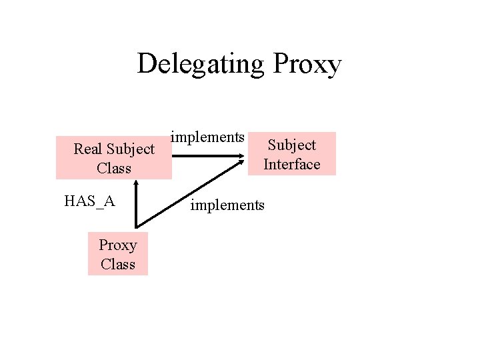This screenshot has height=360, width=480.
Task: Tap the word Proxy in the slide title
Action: coord(307,65)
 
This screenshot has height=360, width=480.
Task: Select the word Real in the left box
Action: coord(88,149)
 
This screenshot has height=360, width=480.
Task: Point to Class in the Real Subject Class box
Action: coord(114,168)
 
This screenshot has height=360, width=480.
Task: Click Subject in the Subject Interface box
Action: coord(291,145)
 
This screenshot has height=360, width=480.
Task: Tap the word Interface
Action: coord(291,164)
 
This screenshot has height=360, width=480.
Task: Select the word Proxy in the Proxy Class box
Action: coord(118,245)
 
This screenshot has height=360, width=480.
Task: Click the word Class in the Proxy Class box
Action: coord(118,264)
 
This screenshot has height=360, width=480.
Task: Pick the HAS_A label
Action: coord(89,201)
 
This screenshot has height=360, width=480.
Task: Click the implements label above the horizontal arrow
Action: coord(207,137)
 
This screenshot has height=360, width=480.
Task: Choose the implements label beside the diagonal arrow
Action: coord(227,205)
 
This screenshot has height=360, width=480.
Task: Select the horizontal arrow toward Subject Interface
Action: coord(207,156)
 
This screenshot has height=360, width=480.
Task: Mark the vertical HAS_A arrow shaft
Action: coord(135,207)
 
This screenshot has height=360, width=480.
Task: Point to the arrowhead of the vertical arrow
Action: coord(135,181)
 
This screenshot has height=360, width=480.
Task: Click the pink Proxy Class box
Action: coord(118,254)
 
